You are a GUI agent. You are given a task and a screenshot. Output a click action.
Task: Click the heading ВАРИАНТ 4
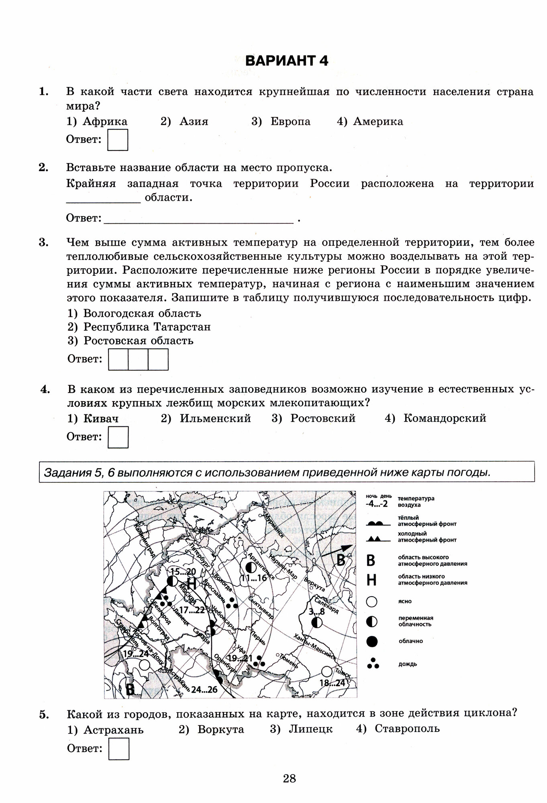(286, 61)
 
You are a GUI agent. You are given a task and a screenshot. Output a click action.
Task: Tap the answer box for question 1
(118, 140)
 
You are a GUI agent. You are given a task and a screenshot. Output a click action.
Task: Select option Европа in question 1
(290, 121)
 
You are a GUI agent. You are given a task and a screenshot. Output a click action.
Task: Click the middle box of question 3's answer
(138, 359)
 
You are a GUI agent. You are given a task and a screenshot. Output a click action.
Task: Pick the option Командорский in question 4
(444, 418)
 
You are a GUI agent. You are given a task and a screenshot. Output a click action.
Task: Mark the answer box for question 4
(118, 437)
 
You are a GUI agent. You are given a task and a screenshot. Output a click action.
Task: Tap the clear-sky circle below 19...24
(144, 665)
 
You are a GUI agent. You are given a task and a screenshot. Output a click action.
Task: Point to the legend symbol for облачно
(372, 641)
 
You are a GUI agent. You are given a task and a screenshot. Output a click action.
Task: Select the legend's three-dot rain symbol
(372, 663)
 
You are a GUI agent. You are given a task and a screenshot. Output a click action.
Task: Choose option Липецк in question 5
(310, 729)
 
